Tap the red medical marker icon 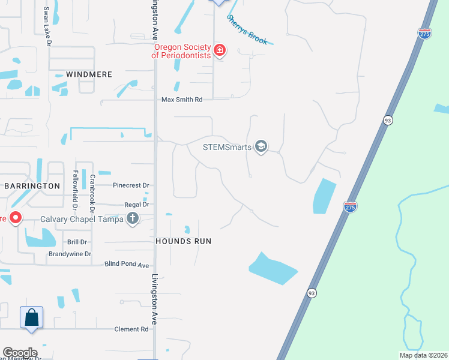coord(220,50)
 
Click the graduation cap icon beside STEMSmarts coord(261,146)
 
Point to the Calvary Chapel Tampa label coord(82,219)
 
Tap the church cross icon coord(133,219)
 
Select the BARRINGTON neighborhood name coord(32,186)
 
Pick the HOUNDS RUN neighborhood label coord(184,241)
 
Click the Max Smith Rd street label coord(182,100)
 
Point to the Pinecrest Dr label coord(131,186)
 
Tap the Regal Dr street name coord(136,205)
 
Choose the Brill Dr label coord(77,242)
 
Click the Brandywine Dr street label coord(70,254)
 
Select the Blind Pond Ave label coord(127,265)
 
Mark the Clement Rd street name coord(131,329)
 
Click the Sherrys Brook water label coord(247,29)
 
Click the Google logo coord(20,353)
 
